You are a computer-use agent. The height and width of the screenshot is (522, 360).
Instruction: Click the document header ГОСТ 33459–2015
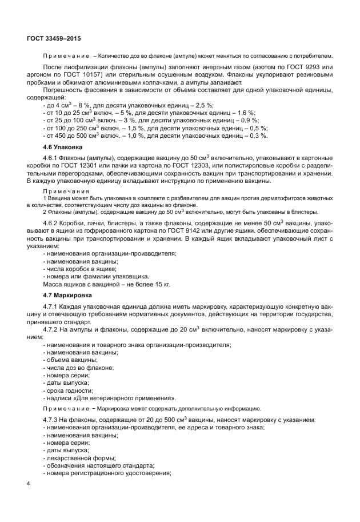54,38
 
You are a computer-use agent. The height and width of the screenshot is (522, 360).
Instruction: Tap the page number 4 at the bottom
29,484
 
